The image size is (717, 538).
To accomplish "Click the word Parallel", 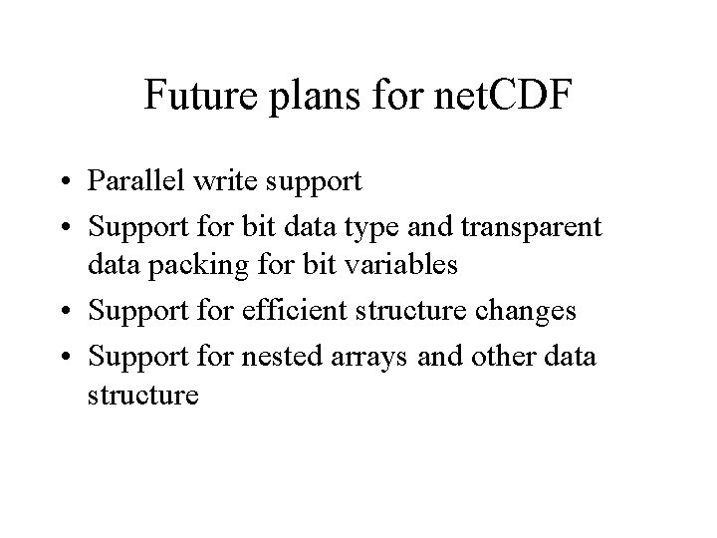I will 129,183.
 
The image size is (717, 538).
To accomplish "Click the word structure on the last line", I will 143,396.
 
